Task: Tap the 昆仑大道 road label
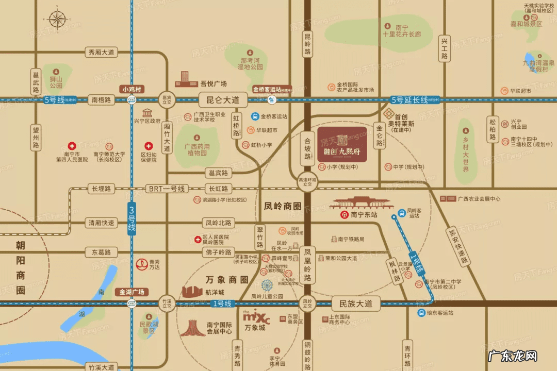click(x=222, y=99)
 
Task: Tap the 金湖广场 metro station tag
click(x=131, y=292)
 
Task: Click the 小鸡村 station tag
click(x=132, y=89)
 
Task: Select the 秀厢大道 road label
click(x=101, y=52)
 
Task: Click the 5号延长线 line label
click(x=410, y=100)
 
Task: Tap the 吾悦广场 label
click(x=214, y=83)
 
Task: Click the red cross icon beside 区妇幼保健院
click(x=149, y=146)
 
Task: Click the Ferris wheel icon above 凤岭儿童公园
click(x=267, y=285)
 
